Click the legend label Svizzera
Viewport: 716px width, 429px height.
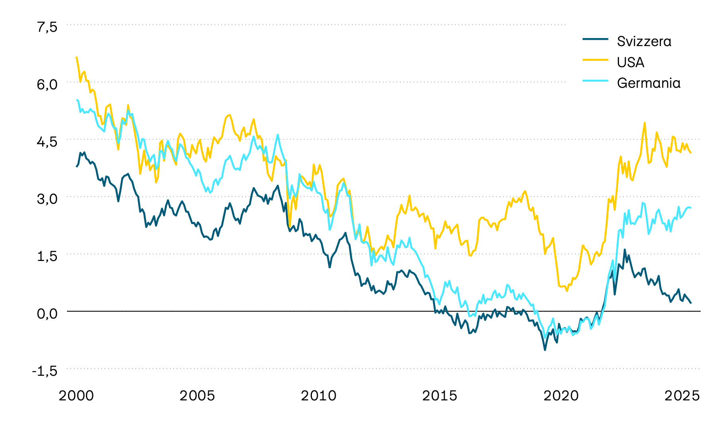coord(644,41)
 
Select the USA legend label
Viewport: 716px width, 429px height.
coord(630,62)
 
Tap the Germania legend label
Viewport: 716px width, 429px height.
coord(648,83)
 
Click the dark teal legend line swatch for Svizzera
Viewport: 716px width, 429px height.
coord(595,39)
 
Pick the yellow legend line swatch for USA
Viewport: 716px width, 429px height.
coord(595,60)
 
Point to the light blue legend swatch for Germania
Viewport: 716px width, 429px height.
coord(595,81)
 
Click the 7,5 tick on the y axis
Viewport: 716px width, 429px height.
coord(47,27)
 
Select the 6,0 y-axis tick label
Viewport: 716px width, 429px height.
coord(47,84)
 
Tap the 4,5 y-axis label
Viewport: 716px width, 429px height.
coord(47,141)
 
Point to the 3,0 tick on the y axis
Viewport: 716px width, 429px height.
coord(47,199)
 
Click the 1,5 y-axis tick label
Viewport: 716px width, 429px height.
coord(47,256)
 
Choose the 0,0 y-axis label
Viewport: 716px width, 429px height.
coord(47,313)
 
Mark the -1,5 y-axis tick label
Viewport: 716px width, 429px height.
coord(45,371)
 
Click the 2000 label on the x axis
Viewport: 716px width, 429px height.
coord(76,396)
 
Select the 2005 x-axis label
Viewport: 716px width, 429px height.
coord(197,396)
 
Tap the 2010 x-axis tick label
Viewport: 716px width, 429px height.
coord(319,396)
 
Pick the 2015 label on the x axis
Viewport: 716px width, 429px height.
coord(440,396)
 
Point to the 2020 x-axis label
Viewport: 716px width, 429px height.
coord(561,396)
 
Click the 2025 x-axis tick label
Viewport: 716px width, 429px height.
coord(682,396)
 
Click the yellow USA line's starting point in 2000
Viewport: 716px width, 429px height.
coord(76,57)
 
